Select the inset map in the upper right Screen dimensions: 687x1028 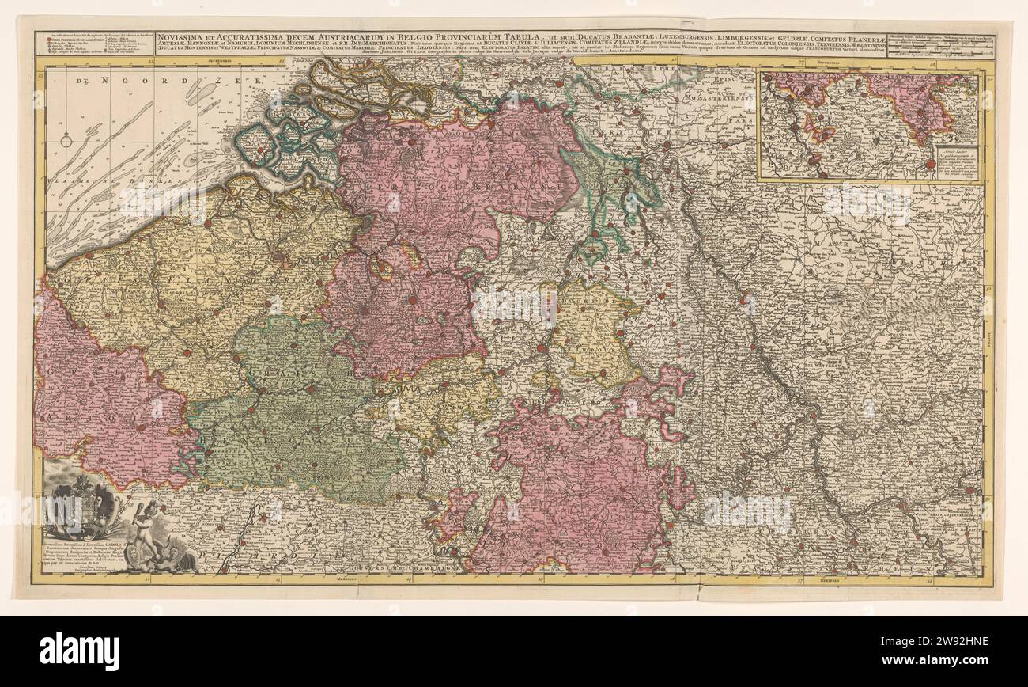point(870,125)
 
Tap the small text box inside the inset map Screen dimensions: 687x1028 point(957,162)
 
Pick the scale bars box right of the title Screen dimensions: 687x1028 point(940,44)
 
